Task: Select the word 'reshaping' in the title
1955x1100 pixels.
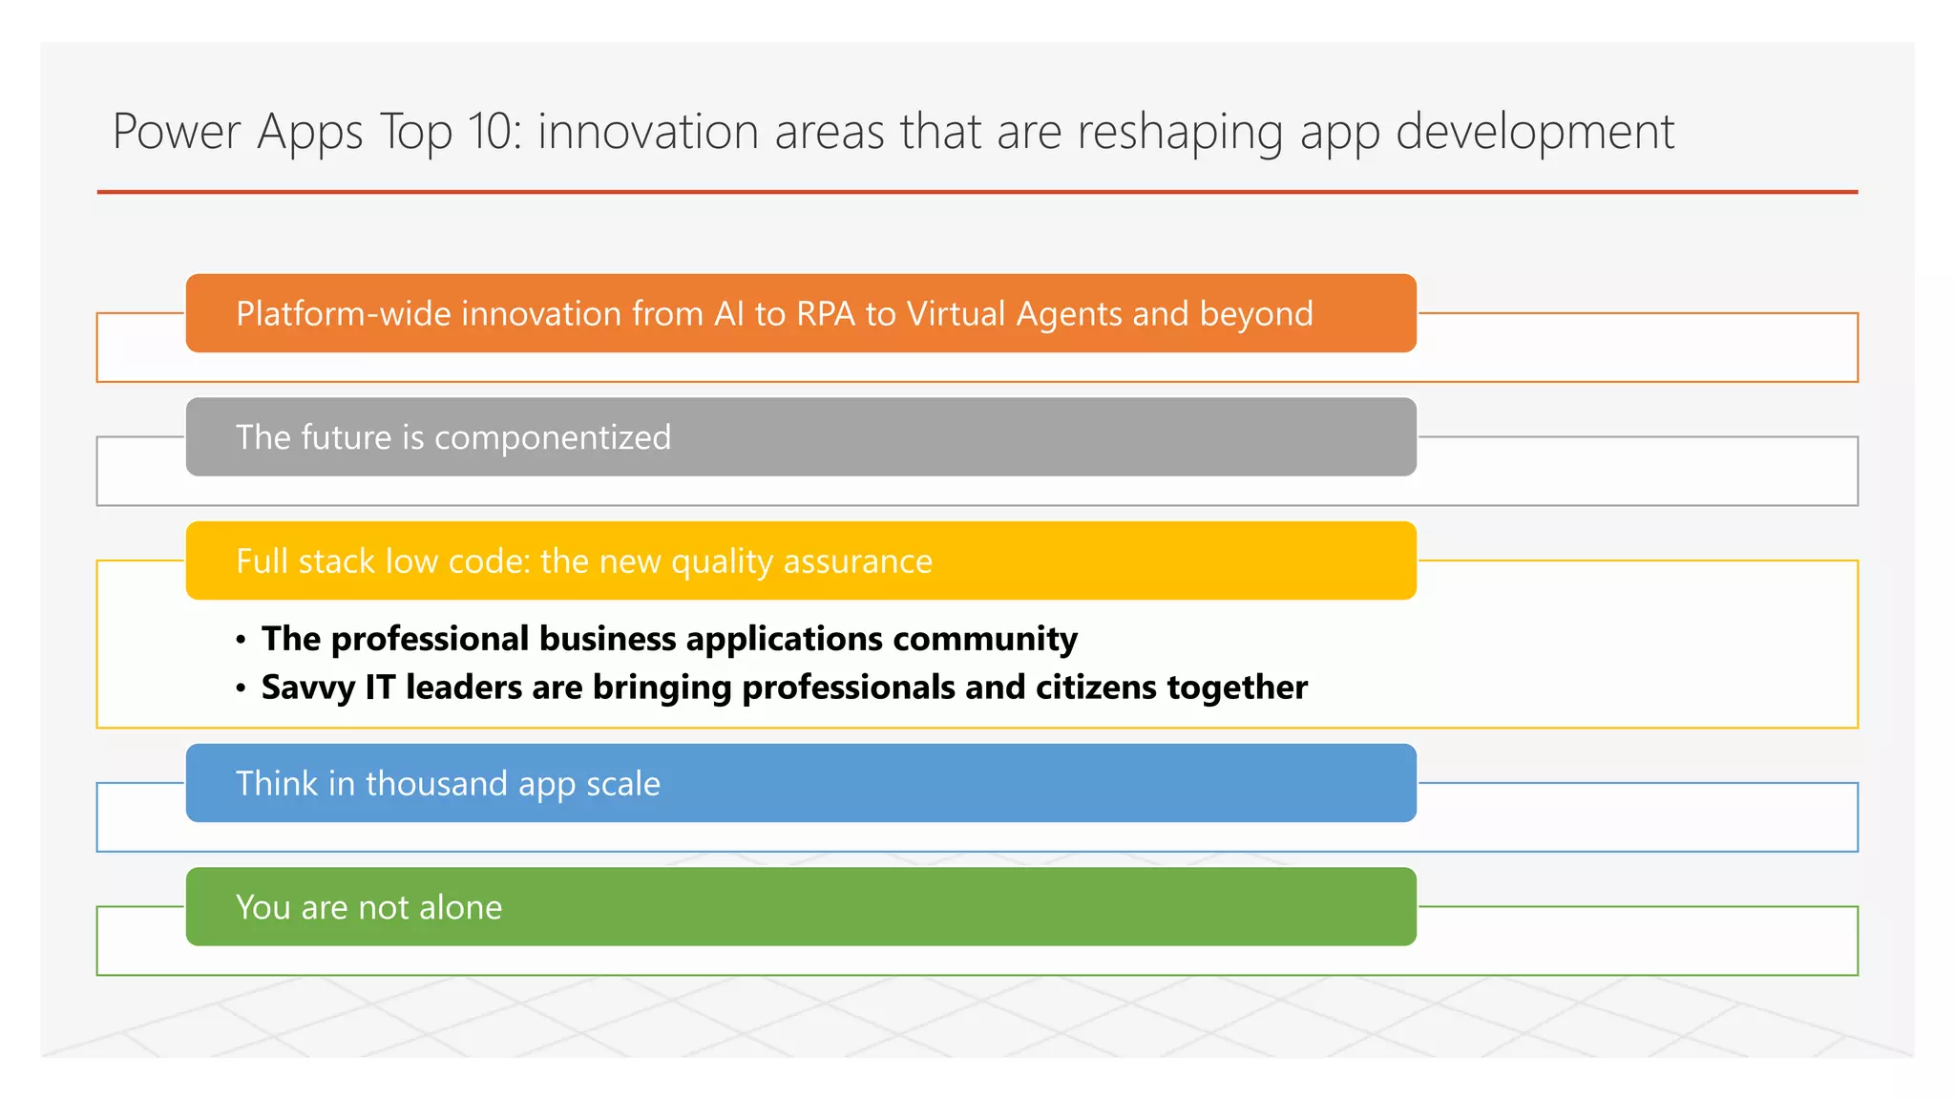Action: point(1180,132)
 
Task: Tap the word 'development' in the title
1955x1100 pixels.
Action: point(1534,132)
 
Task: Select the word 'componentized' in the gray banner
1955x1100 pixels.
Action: point(553,438)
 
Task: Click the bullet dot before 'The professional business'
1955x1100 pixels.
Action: point(242,640)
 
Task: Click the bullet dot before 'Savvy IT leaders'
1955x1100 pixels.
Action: point(242,688)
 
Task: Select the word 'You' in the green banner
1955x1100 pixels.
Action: point(263,907)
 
